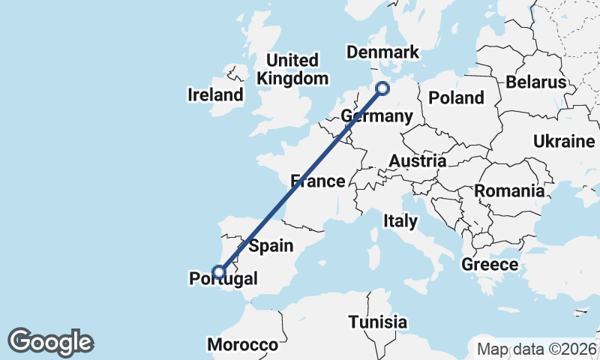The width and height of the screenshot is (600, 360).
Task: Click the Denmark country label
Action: [x=382, y=52]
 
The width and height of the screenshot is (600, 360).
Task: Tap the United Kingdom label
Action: [x=292, y=69]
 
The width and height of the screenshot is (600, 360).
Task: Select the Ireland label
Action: [x=216, y=95]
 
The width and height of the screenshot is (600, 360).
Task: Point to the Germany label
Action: [x=376, y=116]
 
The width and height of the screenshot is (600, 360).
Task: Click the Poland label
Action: [x=456, y=97]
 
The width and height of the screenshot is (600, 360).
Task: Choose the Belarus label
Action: [x=535, y=82]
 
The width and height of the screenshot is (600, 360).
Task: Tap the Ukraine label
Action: [x=563, y=141]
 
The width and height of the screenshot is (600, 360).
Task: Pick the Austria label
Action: [x=417, y=160]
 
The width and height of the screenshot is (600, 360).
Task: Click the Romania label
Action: [x=508, y=190]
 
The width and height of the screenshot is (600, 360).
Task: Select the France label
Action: [x=318, y=181]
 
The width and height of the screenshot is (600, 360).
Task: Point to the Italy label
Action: [x=400, y=220]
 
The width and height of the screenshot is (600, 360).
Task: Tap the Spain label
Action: [x=271, y=245]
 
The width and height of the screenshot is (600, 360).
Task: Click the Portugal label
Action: [x=223, y=279]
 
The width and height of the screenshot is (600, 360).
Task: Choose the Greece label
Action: [x=490, y=264]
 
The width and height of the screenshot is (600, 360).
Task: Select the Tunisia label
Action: [x=378, y=322]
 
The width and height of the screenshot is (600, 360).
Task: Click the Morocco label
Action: [x=243, y=345]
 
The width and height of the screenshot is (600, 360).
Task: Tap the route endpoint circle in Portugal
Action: [x=218, y=271]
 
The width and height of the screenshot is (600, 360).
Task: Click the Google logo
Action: [x=50, y=342]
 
